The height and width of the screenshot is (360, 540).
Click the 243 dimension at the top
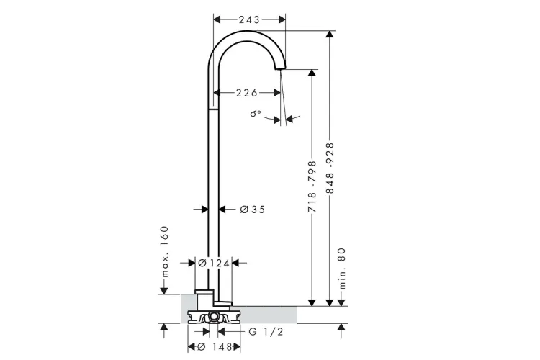(249, 19)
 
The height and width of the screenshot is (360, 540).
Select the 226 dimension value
(246, 93)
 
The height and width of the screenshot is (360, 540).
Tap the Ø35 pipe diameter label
(253, 210)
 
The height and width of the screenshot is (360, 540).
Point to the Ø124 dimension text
(214, 264)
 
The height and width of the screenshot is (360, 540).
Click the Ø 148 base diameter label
(215, 346)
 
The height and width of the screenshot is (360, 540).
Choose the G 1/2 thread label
(266, 332)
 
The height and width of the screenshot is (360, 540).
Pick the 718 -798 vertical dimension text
(312, 186)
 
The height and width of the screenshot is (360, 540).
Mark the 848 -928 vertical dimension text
(330, 168)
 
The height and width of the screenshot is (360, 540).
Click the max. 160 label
(165, 251)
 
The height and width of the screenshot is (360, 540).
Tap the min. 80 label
(341, 269)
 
